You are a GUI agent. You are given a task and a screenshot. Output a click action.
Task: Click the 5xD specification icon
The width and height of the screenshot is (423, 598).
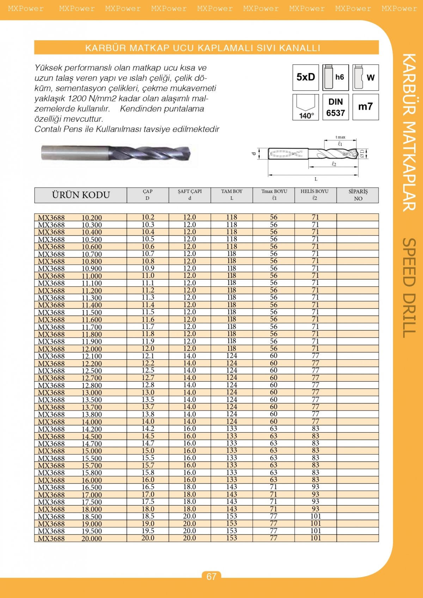coord(306,77)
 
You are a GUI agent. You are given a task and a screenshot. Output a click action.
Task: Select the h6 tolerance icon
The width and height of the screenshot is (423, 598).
coord(336,77)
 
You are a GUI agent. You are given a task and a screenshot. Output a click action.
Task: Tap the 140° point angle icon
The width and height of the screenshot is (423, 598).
coord(306,107)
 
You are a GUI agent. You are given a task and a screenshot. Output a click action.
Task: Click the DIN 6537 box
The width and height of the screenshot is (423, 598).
coord(336,107)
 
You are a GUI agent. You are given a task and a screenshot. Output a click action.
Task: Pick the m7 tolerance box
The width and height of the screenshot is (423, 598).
coord(366,107)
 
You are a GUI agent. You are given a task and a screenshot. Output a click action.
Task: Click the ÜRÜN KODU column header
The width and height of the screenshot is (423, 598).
coord(81,195)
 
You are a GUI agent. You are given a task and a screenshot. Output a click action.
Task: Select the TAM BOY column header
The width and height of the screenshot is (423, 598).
coord(232,195)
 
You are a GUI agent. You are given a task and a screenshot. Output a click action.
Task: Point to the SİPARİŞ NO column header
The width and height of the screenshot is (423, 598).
coord(358,195)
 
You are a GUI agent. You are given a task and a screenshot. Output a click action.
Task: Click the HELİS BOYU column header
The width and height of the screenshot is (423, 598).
coord(314,195)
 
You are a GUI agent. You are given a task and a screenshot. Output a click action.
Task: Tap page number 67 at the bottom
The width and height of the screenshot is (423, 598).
coord(211,576)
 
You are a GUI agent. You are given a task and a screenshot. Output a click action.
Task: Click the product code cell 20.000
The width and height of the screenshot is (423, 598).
coord(92,538)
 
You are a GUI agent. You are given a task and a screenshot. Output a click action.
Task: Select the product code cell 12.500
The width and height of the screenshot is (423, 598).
coord(92,371)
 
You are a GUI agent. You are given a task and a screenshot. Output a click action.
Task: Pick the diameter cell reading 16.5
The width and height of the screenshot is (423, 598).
coord(148,487)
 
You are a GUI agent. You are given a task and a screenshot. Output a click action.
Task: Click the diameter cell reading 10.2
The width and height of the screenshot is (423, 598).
coord(148,217)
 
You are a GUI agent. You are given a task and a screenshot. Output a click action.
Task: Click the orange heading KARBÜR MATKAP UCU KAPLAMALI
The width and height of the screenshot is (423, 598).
coord(203,48)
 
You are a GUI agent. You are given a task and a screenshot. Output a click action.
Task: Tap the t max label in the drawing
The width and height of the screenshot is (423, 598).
coord(341,137)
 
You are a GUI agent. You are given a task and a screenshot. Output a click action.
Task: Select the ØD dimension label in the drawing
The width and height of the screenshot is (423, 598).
coord(362,153)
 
